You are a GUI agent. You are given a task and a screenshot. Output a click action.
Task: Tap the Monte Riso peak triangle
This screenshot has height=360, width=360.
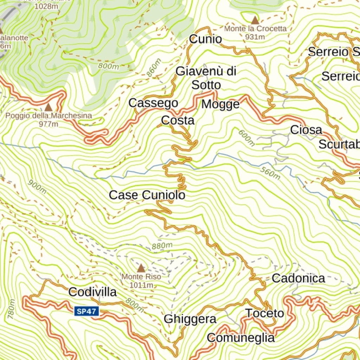[141, 269]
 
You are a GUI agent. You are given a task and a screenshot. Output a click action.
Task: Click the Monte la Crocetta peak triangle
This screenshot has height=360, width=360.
[255, 20]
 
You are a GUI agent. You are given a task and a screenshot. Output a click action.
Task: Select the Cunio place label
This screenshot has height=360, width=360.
[206, 39]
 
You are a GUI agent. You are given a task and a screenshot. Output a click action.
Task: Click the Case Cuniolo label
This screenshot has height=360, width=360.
[147, 195]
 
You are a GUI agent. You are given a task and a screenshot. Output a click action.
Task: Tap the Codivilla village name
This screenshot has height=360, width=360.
[92, 291]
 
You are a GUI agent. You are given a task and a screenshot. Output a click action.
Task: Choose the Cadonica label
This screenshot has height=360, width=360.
[298, 278]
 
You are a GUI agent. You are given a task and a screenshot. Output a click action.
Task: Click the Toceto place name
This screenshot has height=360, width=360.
[264, 313]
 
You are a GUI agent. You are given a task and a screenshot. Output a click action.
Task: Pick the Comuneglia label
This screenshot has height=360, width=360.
[241, 338]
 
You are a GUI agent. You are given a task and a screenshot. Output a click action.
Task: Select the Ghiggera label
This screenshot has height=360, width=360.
[190, 319]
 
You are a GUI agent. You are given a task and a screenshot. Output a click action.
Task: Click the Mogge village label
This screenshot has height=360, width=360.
[220, 104]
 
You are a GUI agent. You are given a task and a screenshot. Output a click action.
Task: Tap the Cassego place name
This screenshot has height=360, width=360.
[153, 103]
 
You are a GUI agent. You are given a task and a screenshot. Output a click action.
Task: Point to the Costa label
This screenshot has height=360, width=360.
[178, 120]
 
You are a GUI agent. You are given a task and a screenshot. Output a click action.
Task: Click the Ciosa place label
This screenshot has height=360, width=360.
[306, 130]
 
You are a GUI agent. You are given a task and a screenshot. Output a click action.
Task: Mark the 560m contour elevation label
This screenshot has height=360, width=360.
[270, 173]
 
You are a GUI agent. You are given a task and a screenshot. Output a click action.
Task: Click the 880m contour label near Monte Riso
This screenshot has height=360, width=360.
[162, 245]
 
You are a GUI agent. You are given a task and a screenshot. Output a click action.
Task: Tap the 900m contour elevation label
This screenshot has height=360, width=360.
[37, 187]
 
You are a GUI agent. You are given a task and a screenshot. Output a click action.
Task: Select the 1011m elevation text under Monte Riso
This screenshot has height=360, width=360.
[141, 285]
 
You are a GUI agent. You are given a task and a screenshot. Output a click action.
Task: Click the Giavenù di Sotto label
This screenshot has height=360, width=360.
[206, 78]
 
